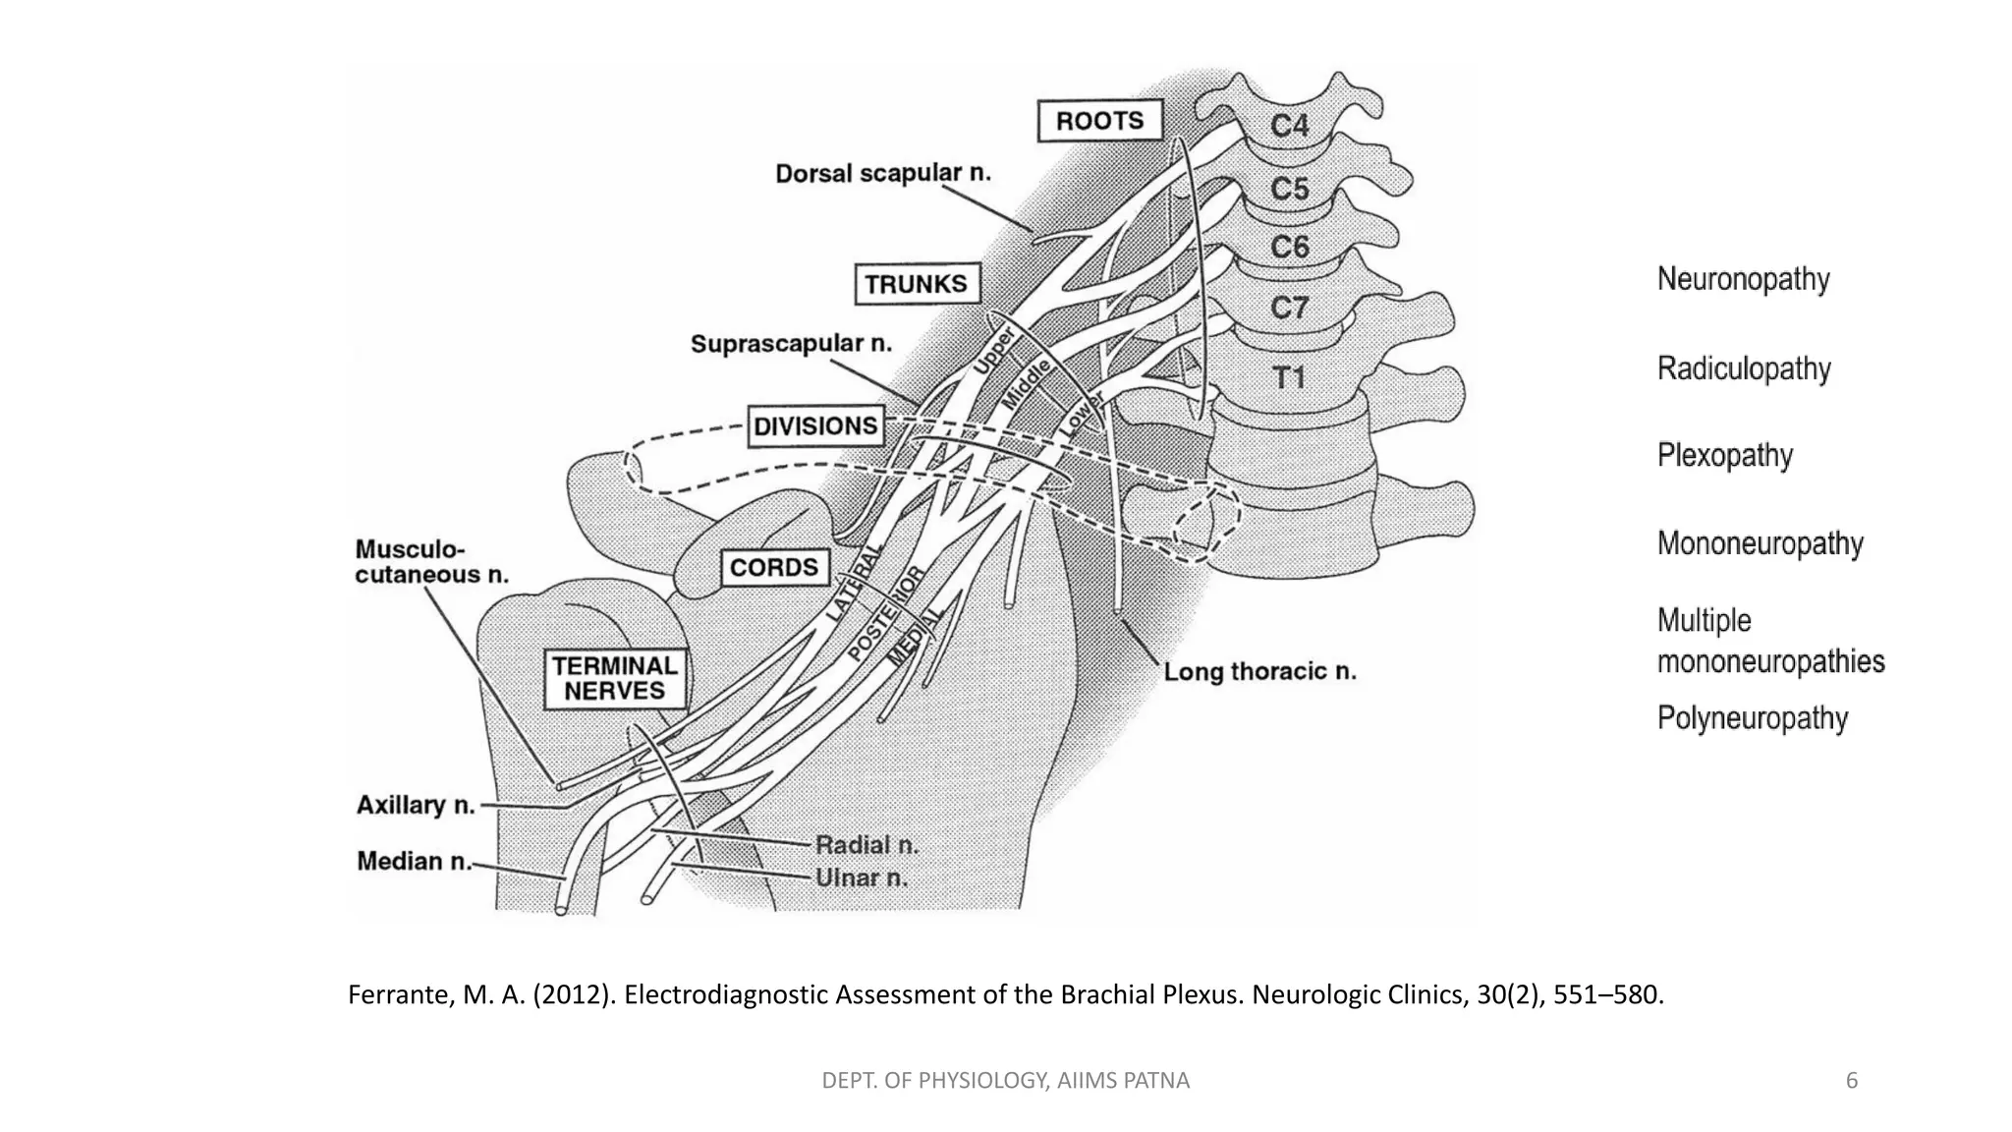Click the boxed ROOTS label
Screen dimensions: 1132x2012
click(x=1099, y=121)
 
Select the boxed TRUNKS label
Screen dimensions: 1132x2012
click(x=916, y=284)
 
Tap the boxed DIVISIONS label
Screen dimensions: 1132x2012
click(x=814, y=426)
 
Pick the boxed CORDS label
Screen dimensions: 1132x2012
click(x=773, y=568)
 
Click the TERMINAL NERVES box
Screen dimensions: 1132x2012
click(x=615, y=678)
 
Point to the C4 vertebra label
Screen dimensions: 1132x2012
click(x=1289, y=126)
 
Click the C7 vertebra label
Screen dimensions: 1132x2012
click(x=1289, y=309)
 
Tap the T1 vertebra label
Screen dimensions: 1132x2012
click(x=1288, y=378)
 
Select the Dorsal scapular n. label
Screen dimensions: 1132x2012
click(x=882, y=174)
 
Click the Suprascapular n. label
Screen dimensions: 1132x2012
click(x=791, y=344)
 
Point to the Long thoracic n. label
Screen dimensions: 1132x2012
click(x=1259, y=672)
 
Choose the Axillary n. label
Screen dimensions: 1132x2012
click(x=416, y=806)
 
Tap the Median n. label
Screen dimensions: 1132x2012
click(x=414, y=862)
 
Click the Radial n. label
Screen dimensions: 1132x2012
click(x=866, y=845)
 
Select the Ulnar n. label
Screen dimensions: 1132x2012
click(x=861, y=878)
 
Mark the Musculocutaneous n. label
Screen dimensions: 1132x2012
click(x=430, y=562)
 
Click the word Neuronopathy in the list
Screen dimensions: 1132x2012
click(x=1743, y=279)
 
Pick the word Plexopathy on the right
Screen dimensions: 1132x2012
click(x=1724, y=456)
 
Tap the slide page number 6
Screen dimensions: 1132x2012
click(x=1851, y=1081)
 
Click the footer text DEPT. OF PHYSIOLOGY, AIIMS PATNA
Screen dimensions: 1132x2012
click(x=1005, y=1081)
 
